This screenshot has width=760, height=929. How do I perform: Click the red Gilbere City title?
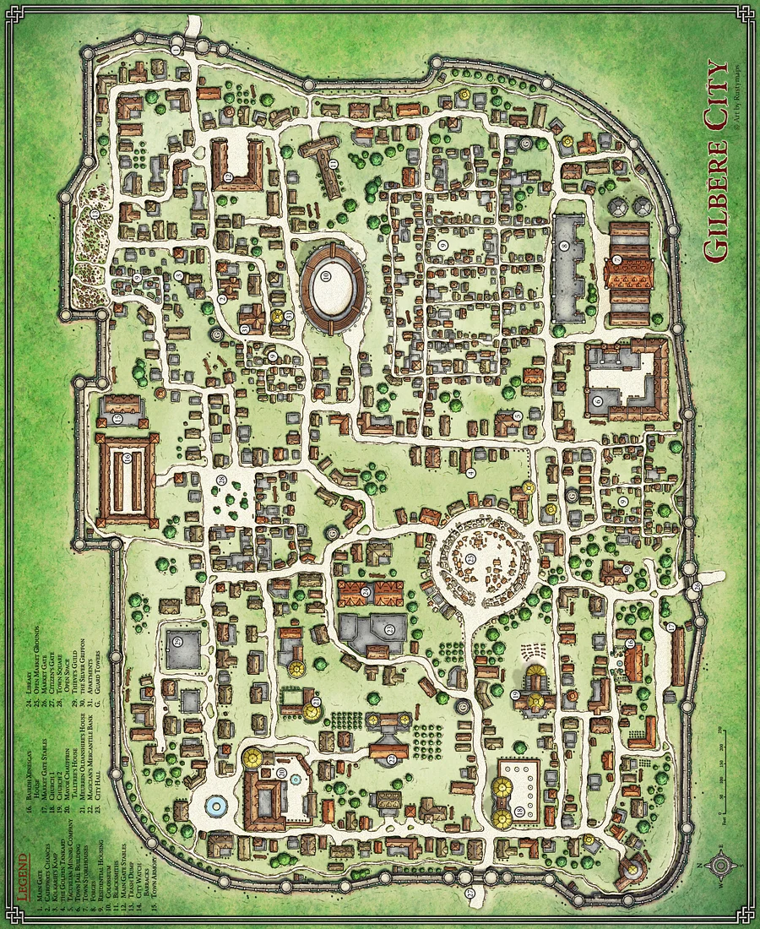(716, 160)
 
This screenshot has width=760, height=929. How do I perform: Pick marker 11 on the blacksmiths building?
(333, 163)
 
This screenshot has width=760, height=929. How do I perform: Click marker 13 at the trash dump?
(95, 216)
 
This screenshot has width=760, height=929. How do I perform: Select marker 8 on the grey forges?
(563, 247)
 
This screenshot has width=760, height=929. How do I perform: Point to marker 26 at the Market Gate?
(697, 586)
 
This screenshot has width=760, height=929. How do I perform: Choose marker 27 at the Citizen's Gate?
(470, 893)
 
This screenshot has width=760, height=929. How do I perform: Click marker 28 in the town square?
(221, 481)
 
